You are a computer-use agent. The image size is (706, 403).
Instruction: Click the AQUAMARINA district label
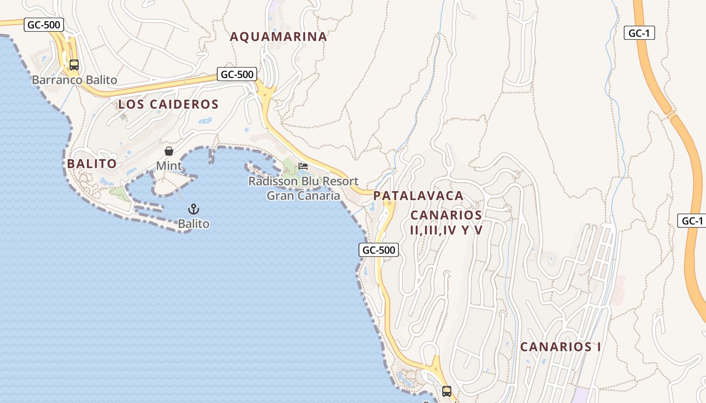pyautogui.click(x=278, y=37)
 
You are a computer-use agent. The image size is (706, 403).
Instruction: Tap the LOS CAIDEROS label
pyautogui.click(x=168, y=105)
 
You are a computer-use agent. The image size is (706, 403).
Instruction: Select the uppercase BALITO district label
pyautogui.click(x=92, y=164)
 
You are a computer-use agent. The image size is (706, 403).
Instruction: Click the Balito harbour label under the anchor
pyautogui.click(x=193, y=224)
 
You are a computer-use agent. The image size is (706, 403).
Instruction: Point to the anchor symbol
pyautogui.click(x=193, y=209)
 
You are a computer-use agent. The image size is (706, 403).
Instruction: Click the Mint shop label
pyautogui.click(x=169, y=166)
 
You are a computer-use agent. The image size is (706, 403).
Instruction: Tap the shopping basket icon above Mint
pyautogui.click(x=169, y=151)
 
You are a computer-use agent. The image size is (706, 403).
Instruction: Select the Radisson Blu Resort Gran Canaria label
pyautogui.click(x=304, y=188)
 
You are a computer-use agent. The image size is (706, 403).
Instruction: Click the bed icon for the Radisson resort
pyautogui.click(x=303, y=166)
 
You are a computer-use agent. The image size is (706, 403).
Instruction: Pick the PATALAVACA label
pyautogui.click(x=419, y=196)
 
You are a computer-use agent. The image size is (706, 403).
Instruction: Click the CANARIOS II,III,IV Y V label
pyautogui.click(x=446, y=223)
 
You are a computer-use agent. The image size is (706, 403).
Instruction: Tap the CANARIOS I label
pyautogui.click(x=560, y=347)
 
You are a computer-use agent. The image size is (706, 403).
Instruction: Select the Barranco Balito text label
pyautogui.click(x=75, y=80)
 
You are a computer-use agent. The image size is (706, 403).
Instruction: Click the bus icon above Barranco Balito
pyautogui.click(x=74, y=65)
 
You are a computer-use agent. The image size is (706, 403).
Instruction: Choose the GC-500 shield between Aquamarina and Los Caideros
pyautogui.click(x=237, y=75)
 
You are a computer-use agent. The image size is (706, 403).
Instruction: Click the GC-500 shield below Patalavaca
pyautogui.click(x=379, y=249)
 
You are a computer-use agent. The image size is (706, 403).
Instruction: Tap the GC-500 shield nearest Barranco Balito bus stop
pyautogui.click(x=44, y=25)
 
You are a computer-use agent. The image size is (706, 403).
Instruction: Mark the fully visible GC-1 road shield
pyautogui.click(x=640, y=33)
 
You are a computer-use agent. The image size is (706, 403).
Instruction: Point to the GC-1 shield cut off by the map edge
pyautogui.click(x=692, y=221)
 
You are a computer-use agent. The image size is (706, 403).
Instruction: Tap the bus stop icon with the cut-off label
pyautogui.click(x=446, y=391)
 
